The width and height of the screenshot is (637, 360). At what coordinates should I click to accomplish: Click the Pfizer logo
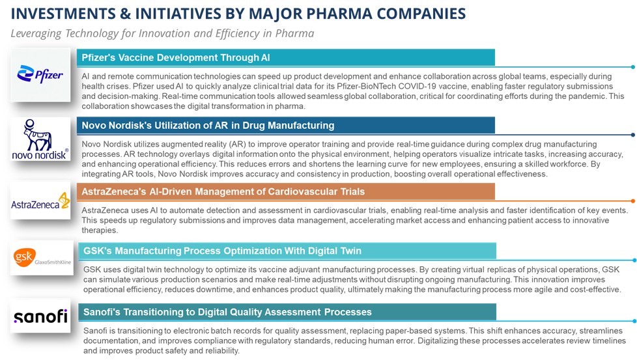click(40, 75)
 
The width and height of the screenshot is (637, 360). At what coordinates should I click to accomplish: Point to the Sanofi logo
click(40, 316)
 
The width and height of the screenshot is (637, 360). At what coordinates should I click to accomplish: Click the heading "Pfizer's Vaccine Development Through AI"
click(176, 58)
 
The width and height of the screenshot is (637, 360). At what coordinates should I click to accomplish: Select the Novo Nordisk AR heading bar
click(285, 126)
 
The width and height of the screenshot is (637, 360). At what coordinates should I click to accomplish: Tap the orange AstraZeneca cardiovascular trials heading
click(285, 191)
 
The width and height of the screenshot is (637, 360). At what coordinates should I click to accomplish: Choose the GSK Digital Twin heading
click(287, 251)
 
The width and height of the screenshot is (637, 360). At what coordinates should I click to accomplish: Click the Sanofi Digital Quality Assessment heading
click(287, 312)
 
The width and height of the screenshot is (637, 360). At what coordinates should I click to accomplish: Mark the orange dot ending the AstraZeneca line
click(633, 201)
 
